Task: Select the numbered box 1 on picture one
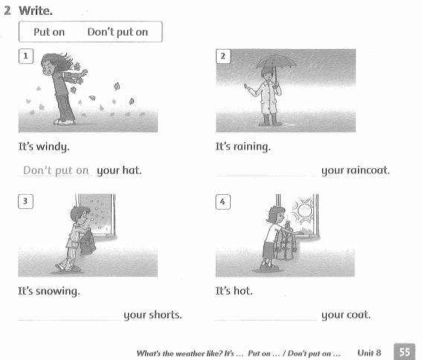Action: pos(27,56)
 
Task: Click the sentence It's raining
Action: pos(243,147)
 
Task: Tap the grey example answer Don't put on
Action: pos(56,170)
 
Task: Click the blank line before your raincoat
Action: pos(265,174)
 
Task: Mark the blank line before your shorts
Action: pos(68,318)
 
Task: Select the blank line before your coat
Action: pos(265,318)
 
